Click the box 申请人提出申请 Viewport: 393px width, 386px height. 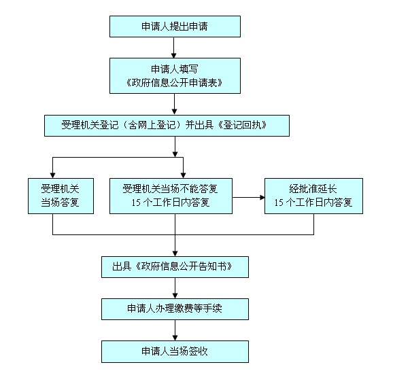(175, 27)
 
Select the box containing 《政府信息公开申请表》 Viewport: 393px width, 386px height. (175, 75)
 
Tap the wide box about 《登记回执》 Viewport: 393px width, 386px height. (167, 126)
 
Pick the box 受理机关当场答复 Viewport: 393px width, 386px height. (61, 196)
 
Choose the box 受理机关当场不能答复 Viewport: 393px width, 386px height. (171, 196)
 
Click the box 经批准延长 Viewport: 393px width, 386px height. (313, 196)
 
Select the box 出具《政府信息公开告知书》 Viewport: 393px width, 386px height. (175, 267)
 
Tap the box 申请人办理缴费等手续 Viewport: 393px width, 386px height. (175, 309)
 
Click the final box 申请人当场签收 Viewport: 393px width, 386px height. (175, 351)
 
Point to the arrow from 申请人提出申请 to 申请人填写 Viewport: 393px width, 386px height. (173, 48)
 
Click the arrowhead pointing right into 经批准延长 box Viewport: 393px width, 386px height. (262, 198)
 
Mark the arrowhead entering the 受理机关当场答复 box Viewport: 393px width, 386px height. (52, 175)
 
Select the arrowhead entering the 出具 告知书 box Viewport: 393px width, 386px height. (175, 253)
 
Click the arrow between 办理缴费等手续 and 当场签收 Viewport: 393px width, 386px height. (175, 330)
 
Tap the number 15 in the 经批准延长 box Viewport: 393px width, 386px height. (279, 203)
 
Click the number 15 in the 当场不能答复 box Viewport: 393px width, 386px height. (136, 203)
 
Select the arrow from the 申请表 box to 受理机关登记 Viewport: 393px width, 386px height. (175, 104)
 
